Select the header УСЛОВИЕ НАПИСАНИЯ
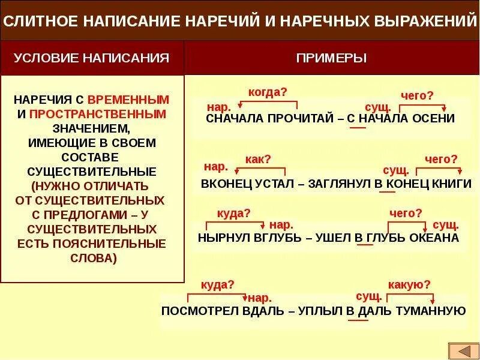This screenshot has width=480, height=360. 91,58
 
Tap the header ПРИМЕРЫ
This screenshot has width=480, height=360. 331,58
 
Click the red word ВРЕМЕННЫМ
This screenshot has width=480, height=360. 128,99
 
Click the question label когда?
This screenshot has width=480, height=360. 268,91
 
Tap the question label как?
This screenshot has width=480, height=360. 259,159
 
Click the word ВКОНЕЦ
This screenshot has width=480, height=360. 225,184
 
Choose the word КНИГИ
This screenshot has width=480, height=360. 452,184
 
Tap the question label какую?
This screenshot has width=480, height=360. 409,284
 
